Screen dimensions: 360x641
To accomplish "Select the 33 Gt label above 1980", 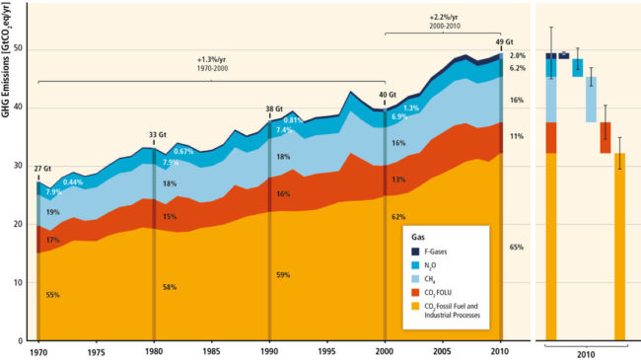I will coord(156,134).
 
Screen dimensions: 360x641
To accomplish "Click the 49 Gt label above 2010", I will coord(503,42).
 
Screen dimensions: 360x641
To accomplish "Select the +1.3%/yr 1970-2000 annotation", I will coord(213,66).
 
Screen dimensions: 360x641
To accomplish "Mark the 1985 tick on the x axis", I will coord(211,351).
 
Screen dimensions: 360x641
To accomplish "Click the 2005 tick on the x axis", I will coord(444,351).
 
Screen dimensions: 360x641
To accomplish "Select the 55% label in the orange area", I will coord(51,294).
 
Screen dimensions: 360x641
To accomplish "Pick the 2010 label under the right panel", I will coord(586,353).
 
